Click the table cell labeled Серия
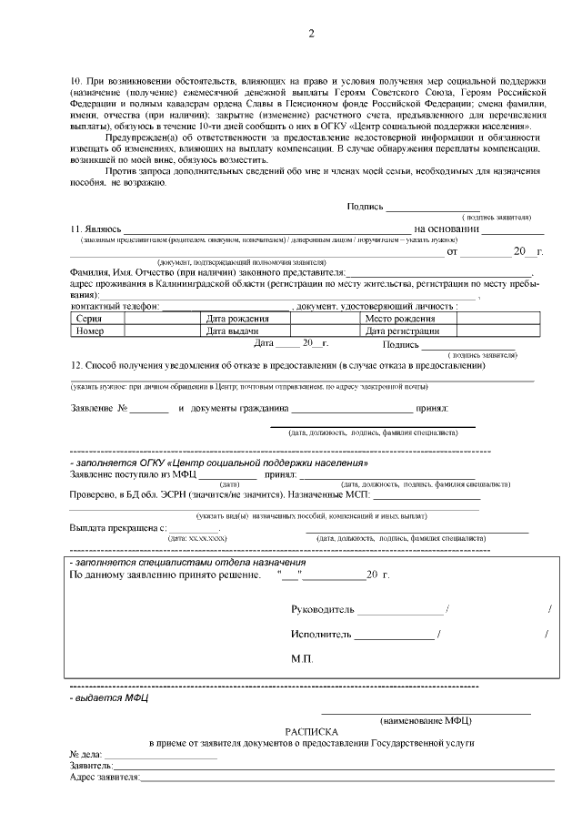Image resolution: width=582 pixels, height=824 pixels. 89,320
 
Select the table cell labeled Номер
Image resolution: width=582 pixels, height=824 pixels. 90,331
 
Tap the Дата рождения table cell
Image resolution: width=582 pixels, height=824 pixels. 237,320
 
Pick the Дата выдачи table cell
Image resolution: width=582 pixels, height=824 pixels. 233,331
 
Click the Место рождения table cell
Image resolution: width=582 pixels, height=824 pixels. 399,320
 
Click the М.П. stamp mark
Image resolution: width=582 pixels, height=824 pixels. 302,658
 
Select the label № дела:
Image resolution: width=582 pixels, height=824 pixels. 85,755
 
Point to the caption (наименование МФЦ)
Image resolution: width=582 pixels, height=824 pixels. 426,720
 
